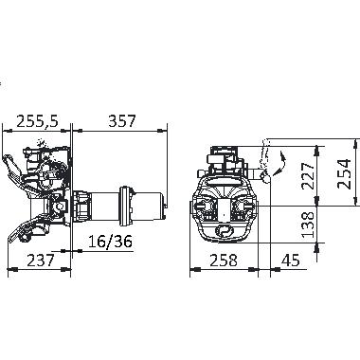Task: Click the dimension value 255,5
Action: [x=38, y=121]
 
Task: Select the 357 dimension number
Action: [x=122, y=121]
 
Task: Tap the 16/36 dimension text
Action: [x=110, y=242]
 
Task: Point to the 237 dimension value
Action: [x=41, y=261]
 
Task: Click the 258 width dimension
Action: [x=224, y=261]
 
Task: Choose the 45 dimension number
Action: [x=290, y=261]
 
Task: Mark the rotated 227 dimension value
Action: [x=308, y=175]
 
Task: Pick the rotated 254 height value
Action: [x=344, y=173]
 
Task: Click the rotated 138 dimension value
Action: [x=308, y=225]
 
